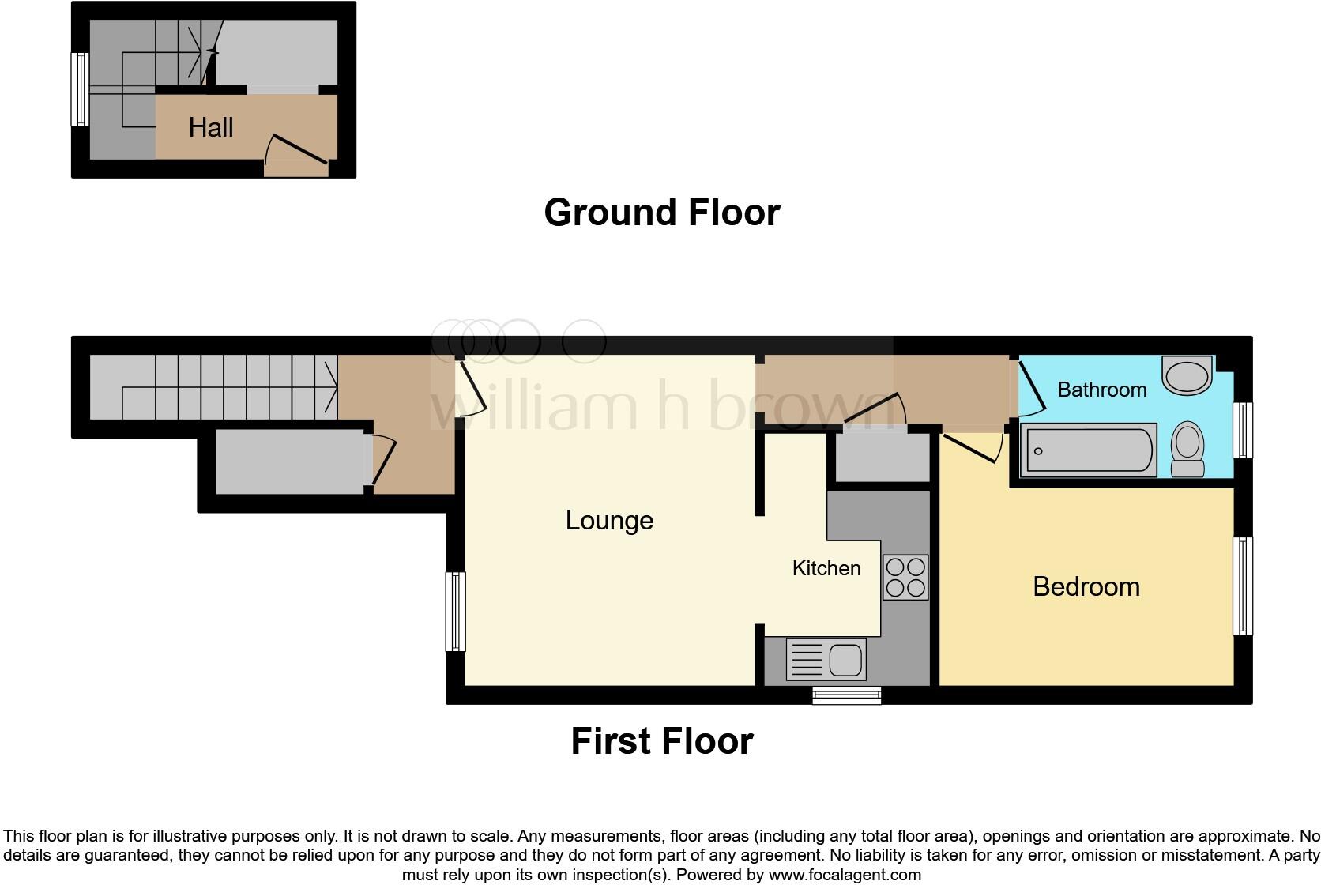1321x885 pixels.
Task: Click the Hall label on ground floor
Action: pyautogui.click(x=211, y=127)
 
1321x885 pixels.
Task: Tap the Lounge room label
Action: pyautogui.click(x=609, y=520)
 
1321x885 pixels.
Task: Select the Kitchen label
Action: pyautogui.click(x=826, y=568)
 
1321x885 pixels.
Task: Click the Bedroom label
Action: pyautogui.click(x=1086, y=586)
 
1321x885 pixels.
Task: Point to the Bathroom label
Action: pyautogui.click(x=1101, y=390)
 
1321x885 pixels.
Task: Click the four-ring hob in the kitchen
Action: pyautogui.click(x=905, y=578)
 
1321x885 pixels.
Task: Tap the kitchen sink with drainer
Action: pyautogui.click(x=826, y=659)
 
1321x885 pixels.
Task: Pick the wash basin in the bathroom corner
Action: pyautogui.click(x=1187, y=375)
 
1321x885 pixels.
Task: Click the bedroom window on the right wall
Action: pyautogui.click(x=1243, y=586)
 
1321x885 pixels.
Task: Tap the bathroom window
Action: pyautogui.click(x=1243, y=430)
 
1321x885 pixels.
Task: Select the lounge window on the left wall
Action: pyautogui.click(x=456, y=612)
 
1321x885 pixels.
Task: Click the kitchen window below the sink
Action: pyautogui.click(x=847, y=695)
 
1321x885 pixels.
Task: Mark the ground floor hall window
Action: pyautogui.click(x=79, y=89)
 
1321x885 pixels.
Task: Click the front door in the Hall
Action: pyautogui.click(x=296, y=155)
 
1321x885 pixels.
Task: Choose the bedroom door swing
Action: pyautogui.click(x=973, y=448)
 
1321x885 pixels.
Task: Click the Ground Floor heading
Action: pyautogui.click(x=661, y=213)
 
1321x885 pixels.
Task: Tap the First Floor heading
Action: pyautogui.click(x=661, y=741)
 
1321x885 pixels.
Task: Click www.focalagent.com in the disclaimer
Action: pyautogui.click(x=845, y=875)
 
